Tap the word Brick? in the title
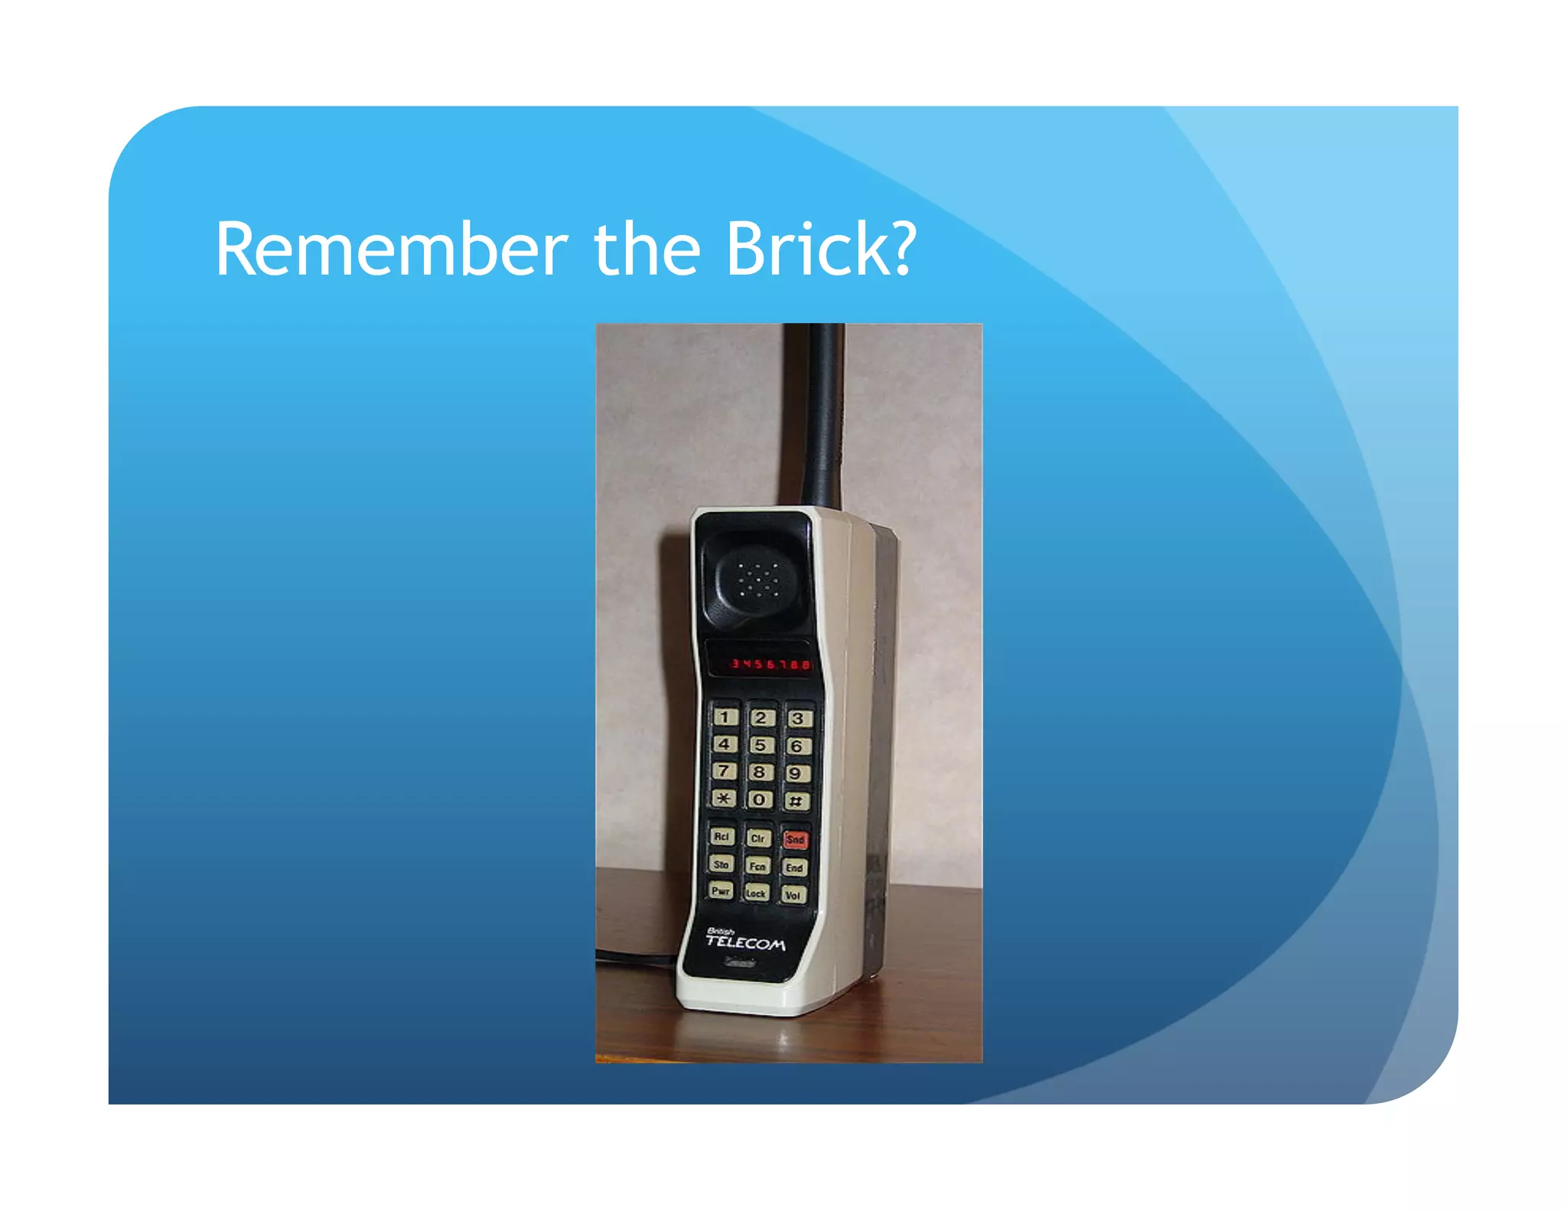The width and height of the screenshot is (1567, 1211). click(820, 250)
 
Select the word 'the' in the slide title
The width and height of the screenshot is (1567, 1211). click(647, 250)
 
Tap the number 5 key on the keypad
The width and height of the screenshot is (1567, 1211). click(761, 745)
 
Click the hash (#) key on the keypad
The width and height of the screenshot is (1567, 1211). click(796, 801)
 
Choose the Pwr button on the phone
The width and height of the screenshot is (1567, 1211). click(721, 890)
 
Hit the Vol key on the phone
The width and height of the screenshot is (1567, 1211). click(793, 895)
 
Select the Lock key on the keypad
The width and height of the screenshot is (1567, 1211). click(756, 893)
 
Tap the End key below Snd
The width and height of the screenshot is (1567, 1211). click(794, 867)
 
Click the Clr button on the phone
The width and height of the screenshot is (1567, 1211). click(757, 838)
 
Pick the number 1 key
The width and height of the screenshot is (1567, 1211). click(725, 717)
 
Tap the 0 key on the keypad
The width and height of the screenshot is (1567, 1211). click(759, 800)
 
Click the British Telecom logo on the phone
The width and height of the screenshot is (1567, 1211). click(744, 941)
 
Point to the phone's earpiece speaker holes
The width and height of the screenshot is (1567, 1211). click(758, 579)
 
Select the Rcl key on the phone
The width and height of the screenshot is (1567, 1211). click(722, 837)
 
